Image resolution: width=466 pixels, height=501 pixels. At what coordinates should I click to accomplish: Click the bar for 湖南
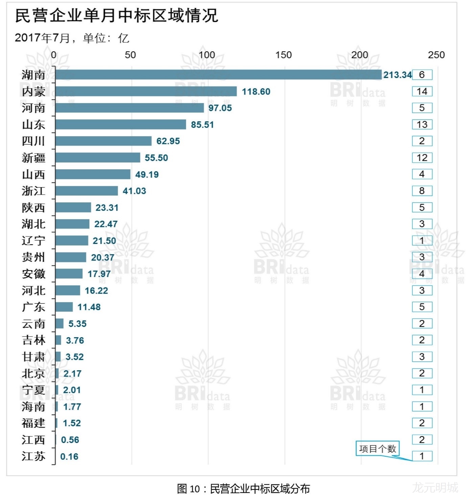coord(218,75)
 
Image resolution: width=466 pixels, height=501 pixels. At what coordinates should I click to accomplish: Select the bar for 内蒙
coord(146,91)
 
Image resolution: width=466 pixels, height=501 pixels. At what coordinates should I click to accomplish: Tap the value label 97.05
coord(220,108)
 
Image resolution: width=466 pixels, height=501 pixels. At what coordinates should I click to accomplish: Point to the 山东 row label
coord(33,125)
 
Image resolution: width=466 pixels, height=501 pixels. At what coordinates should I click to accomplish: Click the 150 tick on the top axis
coord(283,55)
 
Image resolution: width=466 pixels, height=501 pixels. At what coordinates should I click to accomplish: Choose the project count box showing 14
coord(422,91)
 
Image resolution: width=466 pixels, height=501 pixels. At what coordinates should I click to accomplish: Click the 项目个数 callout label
coord(377,449)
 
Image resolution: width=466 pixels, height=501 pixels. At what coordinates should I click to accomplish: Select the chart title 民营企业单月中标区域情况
coord(117,16)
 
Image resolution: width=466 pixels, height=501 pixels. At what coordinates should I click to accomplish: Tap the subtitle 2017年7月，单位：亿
coord(72,38)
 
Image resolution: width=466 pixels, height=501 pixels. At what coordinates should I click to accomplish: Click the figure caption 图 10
coord(243,489)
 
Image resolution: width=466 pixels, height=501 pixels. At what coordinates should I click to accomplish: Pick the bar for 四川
coord(103,141)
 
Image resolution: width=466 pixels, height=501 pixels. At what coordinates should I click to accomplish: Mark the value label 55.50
coord(156,158)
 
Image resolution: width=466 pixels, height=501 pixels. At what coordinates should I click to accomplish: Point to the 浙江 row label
coord(33,191)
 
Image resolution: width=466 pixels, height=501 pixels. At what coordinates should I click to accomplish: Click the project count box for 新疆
coord(422,158)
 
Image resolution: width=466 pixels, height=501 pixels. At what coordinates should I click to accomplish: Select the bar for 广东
coord(64,307)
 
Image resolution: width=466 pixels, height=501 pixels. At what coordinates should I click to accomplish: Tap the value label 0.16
coord(69,456)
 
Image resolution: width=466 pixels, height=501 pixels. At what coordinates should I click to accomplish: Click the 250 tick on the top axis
coord(436,55)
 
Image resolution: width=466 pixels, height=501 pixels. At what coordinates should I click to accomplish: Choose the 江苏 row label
coord(33,456)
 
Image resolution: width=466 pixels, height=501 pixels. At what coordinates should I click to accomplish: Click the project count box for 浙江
coord(422,191)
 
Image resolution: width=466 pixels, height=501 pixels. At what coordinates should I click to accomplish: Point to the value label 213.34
coord(397,75)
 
